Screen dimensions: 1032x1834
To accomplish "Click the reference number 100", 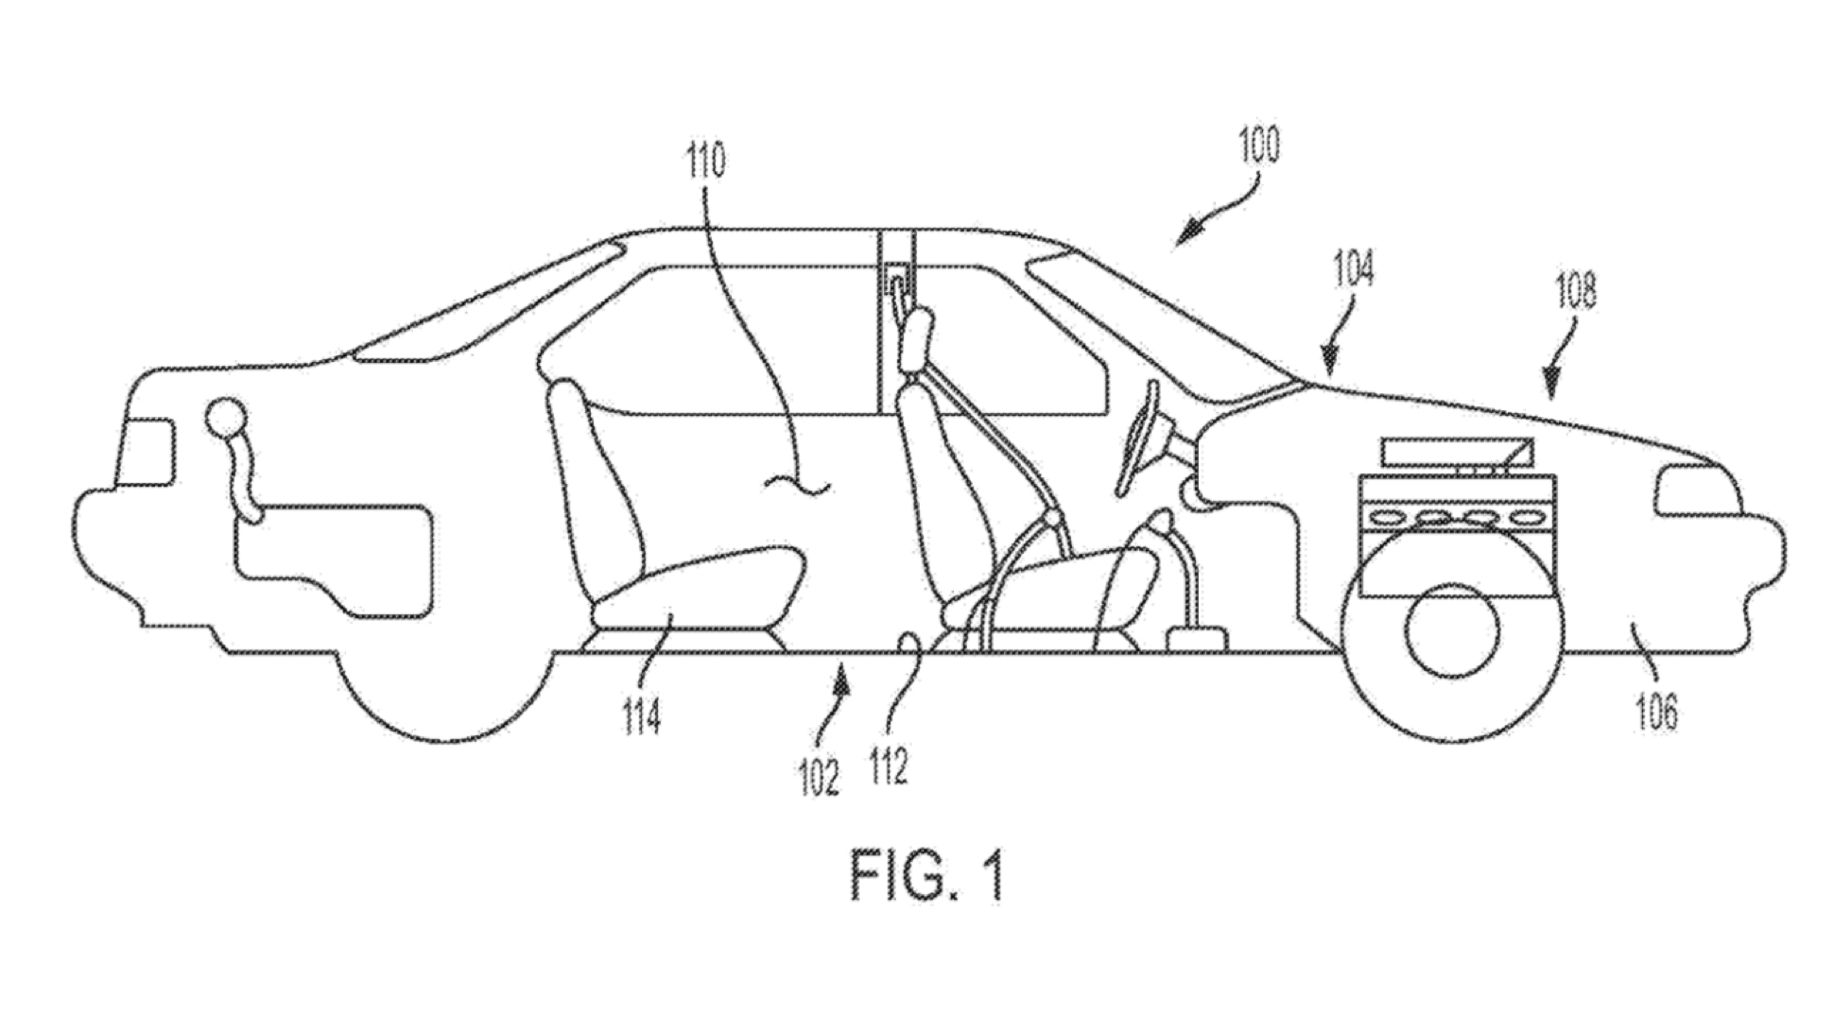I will (1257, 146).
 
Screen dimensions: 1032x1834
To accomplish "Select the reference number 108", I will (1577, 291).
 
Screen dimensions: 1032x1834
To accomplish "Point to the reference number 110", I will (706, 161).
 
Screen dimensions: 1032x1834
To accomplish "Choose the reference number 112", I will (888, 765).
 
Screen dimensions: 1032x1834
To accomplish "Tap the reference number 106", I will (1656, 711).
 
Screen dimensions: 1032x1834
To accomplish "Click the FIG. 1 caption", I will (926, 876).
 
